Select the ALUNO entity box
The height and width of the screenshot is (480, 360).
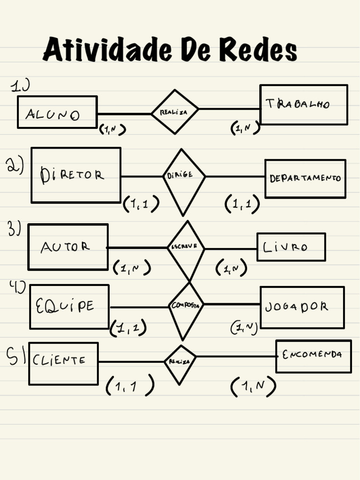(57, 112)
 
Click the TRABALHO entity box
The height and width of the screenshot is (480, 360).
(303, 105)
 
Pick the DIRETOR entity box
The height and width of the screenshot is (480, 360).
(76, 175)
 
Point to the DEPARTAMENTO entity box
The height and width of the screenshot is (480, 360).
(305, 179)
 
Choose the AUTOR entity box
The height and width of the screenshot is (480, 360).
(68, 247)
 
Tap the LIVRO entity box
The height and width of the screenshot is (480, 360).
(291, 247)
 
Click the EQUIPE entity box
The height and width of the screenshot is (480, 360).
(69, 307)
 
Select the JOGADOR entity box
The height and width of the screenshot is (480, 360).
(302, 307)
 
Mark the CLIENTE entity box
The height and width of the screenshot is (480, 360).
(63, 363)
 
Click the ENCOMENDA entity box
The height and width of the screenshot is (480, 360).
(313, 356)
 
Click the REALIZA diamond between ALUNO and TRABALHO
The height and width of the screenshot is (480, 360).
(174, 112)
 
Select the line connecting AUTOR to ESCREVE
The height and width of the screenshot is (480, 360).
(137, 247)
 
